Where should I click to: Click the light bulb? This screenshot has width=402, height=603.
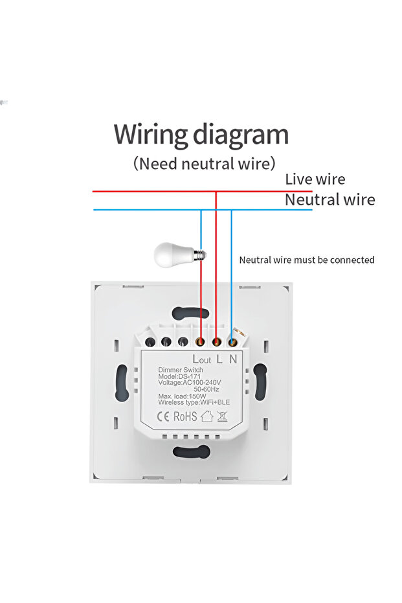click(x=173, y=254)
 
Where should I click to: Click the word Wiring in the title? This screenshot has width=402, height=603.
click(x=151, y=135)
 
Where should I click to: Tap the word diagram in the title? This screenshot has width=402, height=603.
click(x=241, y=136)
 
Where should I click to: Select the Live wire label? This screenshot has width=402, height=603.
click(x=315, y=179)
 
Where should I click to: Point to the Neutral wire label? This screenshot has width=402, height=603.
click(x=329, y=199)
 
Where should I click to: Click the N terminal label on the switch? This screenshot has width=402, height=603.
click(x=234, y=358)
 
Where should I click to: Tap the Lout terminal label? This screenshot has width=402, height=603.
click(x=201, y=359)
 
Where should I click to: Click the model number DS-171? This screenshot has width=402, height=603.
click(x=177, y=377)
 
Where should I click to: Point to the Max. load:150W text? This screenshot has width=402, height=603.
click(x=182, y=396)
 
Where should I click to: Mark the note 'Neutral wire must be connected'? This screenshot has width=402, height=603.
click(x=307, y=260)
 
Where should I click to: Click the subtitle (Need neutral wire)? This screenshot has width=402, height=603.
click(x=205, y=163)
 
